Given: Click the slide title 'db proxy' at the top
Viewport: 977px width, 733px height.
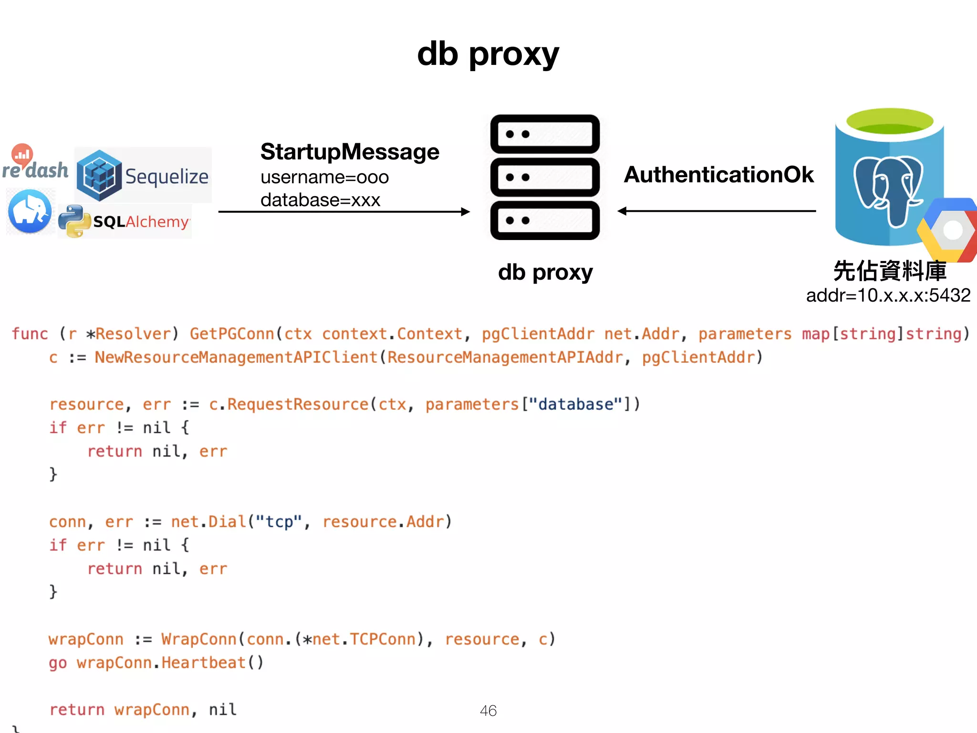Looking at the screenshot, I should [x=488, y=54].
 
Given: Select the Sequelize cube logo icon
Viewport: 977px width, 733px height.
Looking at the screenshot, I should [x=99, y=176].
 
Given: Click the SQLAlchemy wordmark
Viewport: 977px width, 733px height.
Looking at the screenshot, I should [x=141, y=221].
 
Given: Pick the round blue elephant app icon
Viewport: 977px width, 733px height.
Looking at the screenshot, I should [x=30, y=211].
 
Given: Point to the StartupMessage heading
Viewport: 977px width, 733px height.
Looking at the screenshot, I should [x=350, y=152].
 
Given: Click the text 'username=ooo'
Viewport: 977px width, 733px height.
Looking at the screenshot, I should [x=324, y=177].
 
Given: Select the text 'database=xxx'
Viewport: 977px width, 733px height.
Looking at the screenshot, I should [x=320, y=200].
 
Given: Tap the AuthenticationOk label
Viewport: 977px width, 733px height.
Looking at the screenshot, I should [x=718, y=175].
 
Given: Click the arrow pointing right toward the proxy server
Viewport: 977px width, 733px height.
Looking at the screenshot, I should [x=343, y=211].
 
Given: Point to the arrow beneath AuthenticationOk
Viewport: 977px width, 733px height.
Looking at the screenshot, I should [x=717, y=211].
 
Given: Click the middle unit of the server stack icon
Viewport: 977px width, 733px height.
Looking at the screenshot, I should [x=545, y=177].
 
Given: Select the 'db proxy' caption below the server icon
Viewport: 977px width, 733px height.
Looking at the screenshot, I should [x=545, y=272].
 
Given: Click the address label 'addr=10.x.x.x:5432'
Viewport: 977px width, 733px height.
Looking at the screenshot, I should [x=888, y=295].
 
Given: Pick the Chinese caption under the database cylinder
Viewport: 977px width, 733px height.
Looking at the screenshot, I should [x=889, y=271].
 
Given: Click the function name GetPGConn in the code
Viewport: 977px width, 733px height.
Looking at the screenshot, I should [x=232, y=334].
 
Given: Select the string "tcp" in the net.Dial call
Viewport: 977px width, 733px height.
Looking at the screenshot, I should [x=279, y=522].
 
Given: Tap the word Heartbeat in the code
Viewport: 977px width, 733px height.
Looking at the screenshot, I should [x=203, y=663].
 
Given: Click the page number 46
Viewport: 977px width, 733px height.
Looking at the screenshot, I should [x=488, y=711].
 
